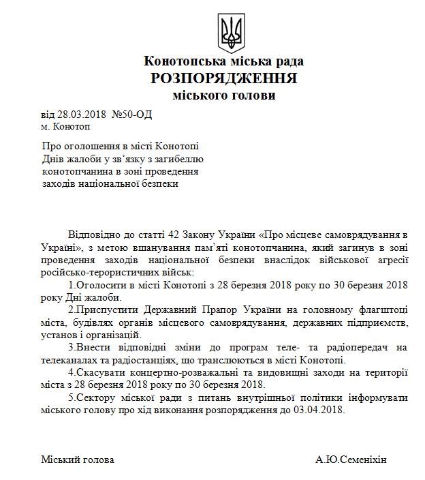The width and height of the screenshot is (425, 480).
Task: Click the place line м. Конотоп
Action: [x=65, y=126]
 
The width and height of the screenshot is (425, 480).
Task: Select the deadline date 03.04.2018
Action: [x=321, y=410]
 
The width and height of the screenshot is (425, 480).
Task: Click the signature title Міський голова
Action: [x=78, y=460]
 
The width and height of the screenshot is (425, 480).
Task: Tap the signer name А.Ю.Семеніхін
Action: [x=351, y=460]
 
